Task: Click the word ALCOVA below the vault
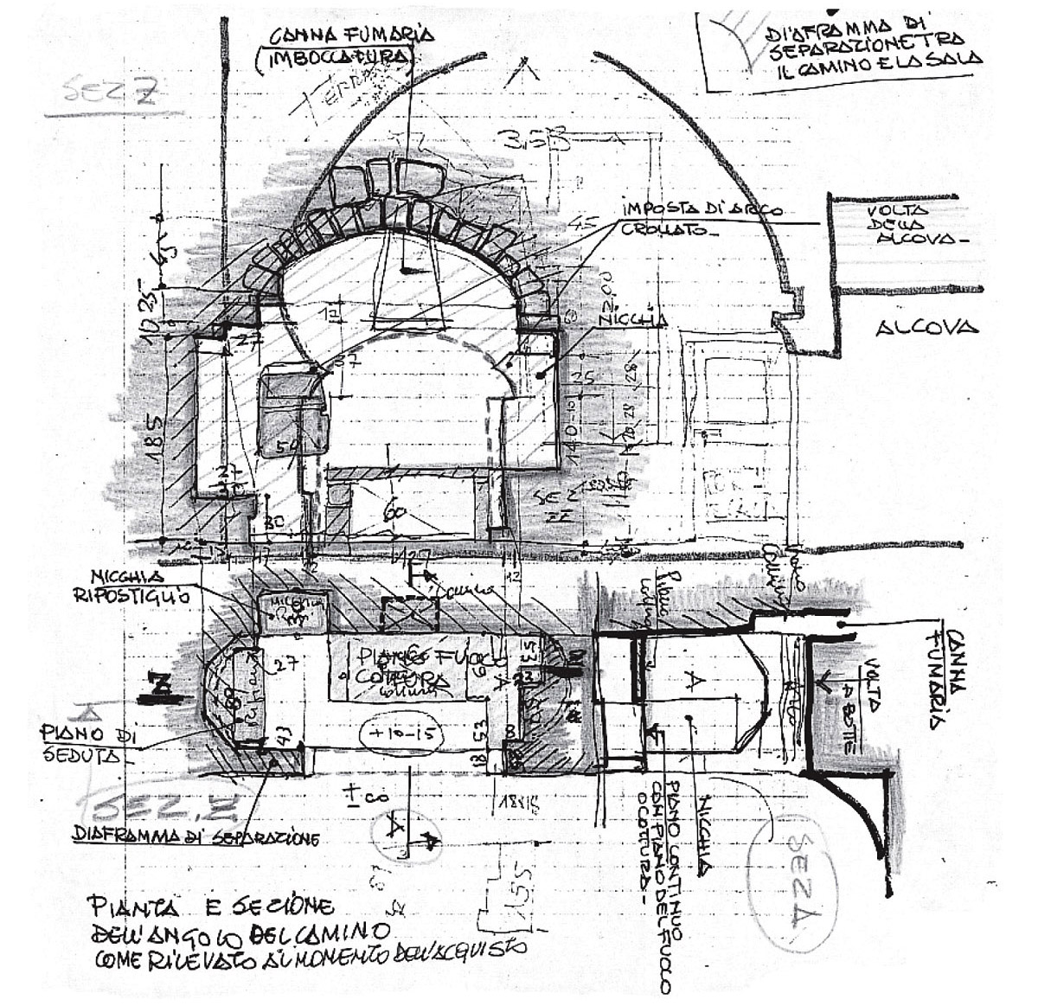(926, 328)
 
